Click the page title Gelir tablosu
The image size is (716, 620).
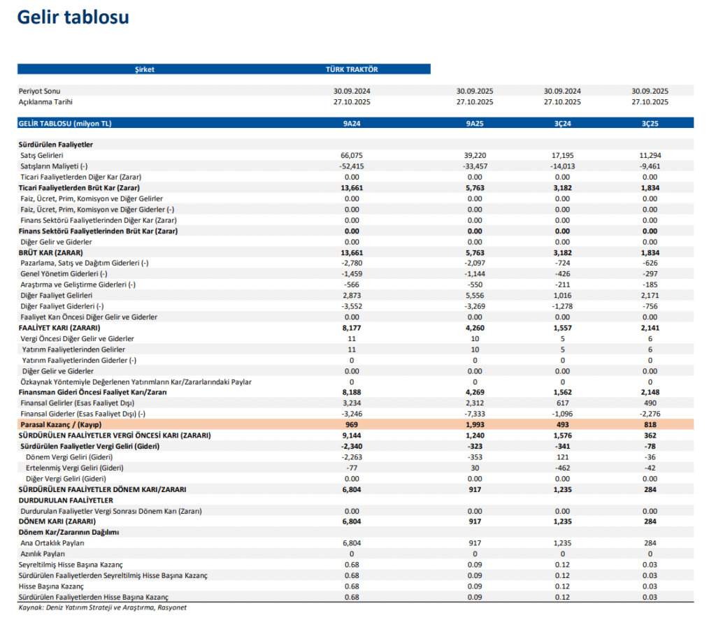coord(73,17)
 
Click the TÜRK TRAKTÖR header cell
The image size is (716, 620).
coord(352,69)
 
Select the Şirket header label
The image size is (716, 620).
coord(144,69)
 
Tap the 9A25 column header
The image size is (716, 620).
coord(475,123)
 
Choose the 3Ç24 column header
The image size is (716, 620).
coord(562,123)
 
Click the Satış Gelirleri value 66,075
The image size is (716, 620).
coord(352,155)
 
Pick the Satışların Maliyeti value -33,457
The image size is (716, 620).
coord(475,166)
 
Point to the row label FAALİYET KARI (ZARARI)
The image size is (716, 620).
coord(59,328)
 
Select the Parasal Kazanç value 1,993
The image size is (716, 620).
coord(475,425)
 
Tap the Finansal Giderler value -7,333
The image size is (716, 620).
coord(475,414)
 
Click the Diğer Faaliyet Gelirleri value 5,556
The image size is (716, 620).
coord(475,296)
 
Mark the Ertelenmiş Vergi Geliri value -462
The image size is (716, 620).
coord(562,468)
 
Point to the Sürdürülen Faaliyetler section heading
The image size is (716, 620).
coord(56,144)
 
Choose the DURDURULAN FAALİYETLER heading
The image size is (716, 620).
coord(66,500)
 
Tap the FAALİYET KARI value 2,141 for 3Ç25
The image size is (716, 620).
coord(650,328)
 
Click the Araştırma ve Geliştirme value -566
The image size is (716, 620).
coord(352,284)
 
